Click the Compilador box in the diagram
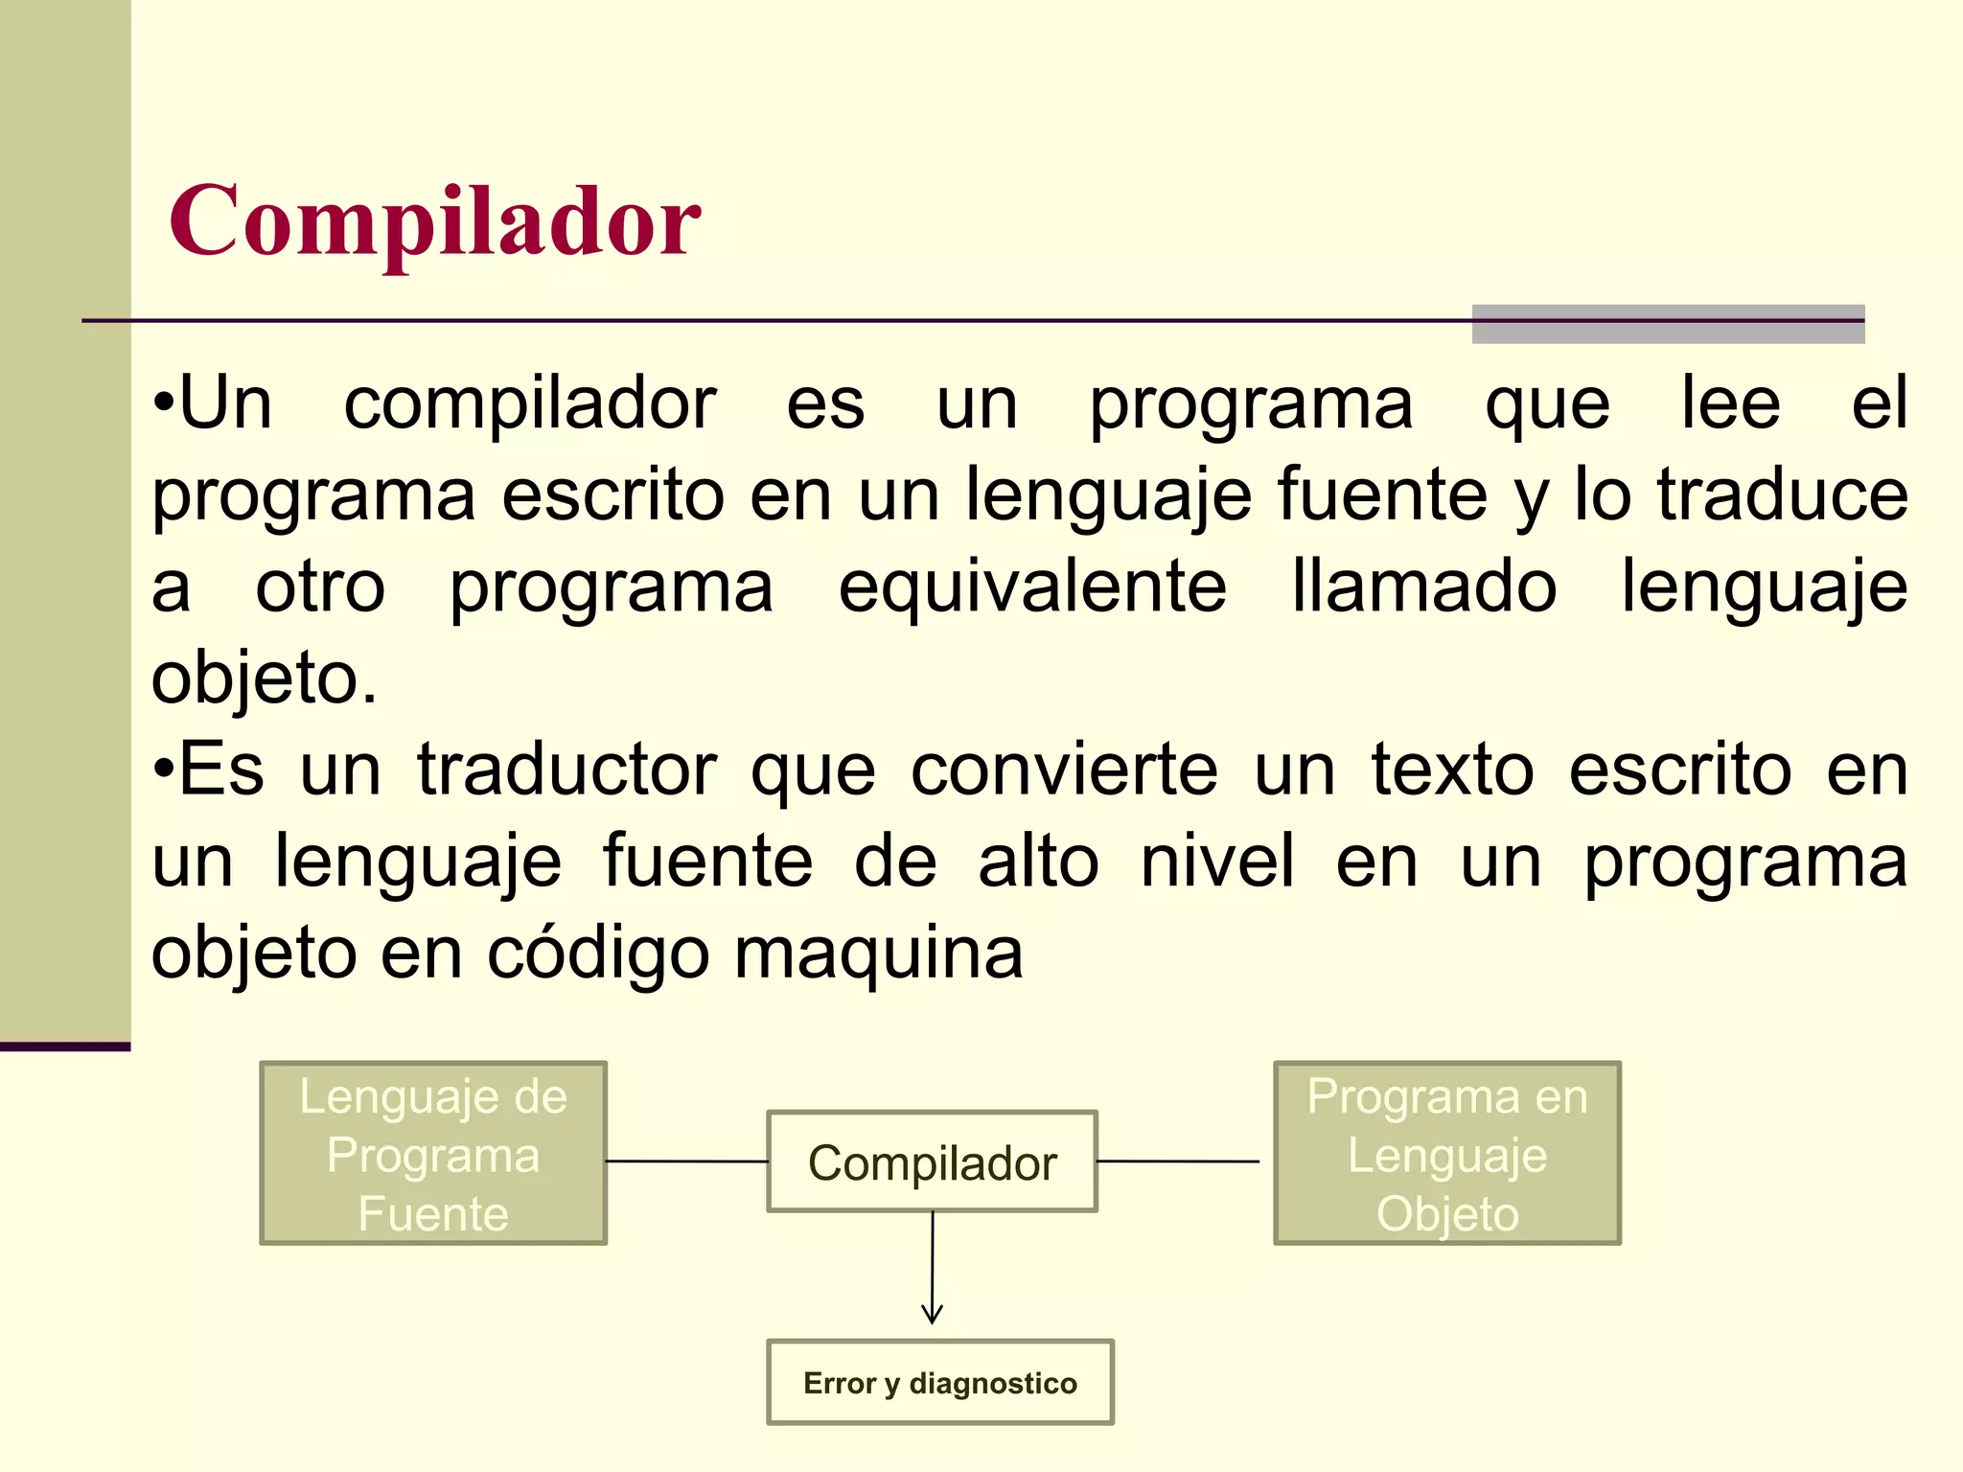click(932, 1161)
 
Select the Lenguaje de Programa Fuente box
click(433, 1153)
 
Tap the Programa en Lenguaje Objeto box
click(1447, 1153)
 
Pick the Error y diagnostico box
click(939, 1383)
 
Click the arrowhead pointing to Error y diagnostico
click(932, 1315)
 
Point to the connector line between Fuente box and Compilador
click(686, 1161)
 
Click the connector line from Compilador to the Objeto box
click(1177, 1161)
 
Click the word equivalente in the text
click(1032, 586)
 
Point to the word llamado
click(1423, 586)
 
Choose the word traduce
click(1783, 494)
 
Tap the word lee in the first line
click(1731, 403)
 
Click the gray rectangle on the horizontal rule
click(1668, 324)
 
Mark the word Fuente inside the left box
click(433, 1213)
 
